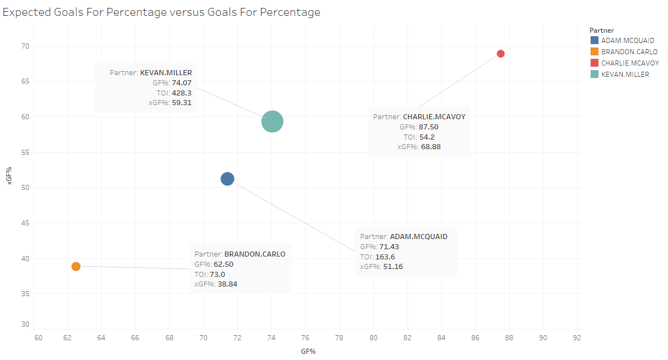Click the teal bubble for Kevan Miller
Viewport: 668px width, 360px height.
272,122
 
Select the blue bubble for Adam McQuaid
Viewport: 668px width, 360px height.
227,179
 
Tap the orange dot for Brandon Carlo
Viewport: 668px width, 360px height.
76,266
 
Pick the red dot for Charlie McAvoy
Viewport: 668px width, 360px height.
501,54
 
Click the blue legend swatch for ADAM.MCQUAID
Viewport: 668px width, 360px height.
594,40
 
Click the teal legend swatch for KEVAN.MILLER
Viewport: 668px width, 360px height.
594,74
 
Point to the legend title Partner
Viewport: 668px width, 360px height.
601,30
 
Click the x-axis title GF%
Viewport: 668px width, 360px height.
308,351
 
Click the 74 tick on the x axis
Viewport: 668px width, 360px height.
271,338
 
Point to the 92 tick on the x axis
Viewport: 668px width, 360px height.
577,338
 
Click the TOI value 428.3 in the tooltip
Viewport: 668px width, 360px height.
181,93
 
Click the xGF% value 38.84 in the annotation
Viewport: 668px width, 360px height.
227,284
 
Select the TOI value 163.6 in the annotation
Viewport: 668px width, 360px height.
385,257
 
